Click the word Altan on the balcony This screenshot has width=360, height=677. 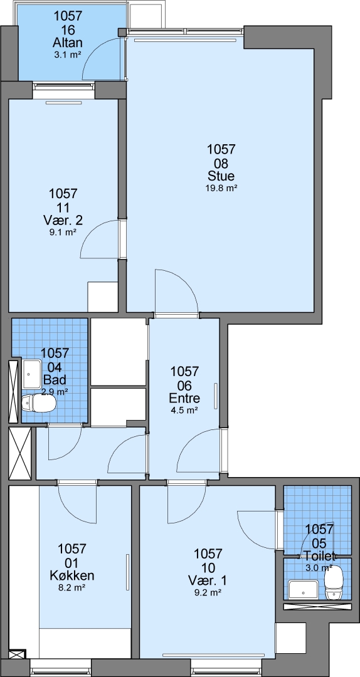coord(67,43)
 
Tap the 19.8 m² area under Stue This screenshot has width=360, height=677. coord(221,188)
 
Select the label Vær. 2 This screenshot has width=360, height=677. coord(63,220)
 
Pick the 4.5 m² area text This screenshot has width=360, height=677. coord(184,410)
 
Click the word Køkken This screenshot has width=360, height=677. coord(72,575)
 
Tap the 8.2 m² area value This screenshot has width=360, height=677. coord(72,587)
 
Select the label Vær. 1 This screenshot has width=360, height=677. coord(208,580)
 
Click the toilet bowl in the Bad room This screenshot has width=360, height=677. coord(38,404)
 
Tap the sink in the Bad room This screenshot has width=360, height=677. coord(33,374)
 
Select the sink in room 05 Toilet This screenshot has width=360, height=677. coord(304,590)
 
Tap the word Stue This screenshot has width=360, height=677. coord(221,176)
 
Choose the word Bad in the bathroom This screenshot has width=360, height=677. coord(55,380)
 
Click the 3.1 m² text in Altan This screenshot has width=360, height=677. coord(67,55)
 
